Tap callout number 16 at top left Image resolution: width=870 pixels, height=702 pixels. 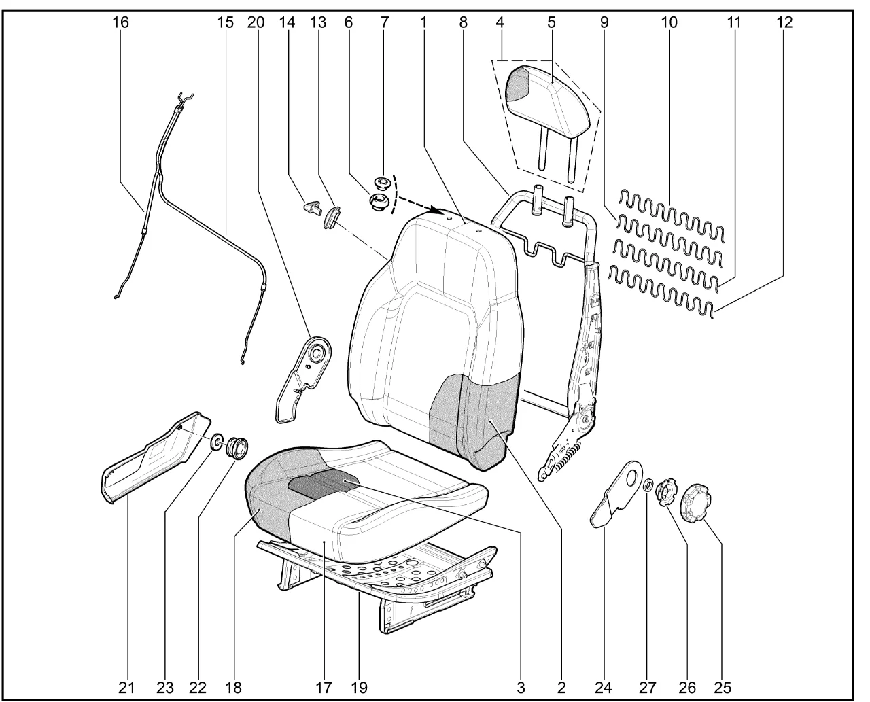(120, 22)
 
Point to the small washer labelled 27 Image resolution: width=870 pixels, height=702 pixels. (648, 485)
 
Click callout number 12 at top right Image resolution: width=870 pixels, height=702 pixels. (784, 22)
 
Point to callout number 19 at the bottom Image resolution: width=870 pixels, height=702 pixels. (360, 687)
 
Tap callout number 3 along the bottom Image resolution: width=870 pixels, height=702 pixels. (521, 687)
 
